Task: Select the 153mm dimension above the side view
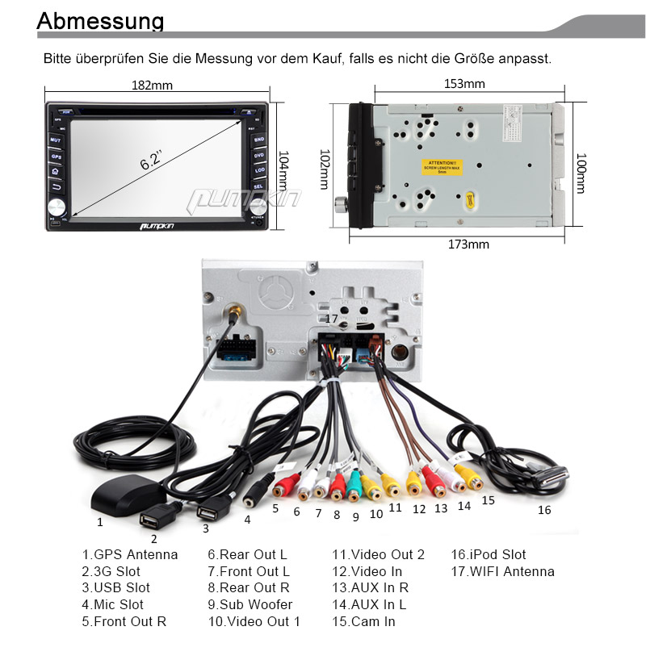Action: point(464,84)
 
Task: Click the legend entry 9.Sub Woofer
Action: point(250,604)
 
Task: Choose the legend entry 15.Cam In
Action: point(363,621)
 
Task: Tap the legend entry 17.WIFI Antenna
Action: point(502,571)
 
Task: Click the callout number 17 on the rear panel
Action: point(331,319)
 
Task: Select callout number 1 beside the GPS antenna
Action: point(100,521)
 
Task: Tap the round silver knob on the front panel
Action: point(56,207)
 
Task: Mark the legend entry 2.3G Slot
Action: point(111,571)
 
